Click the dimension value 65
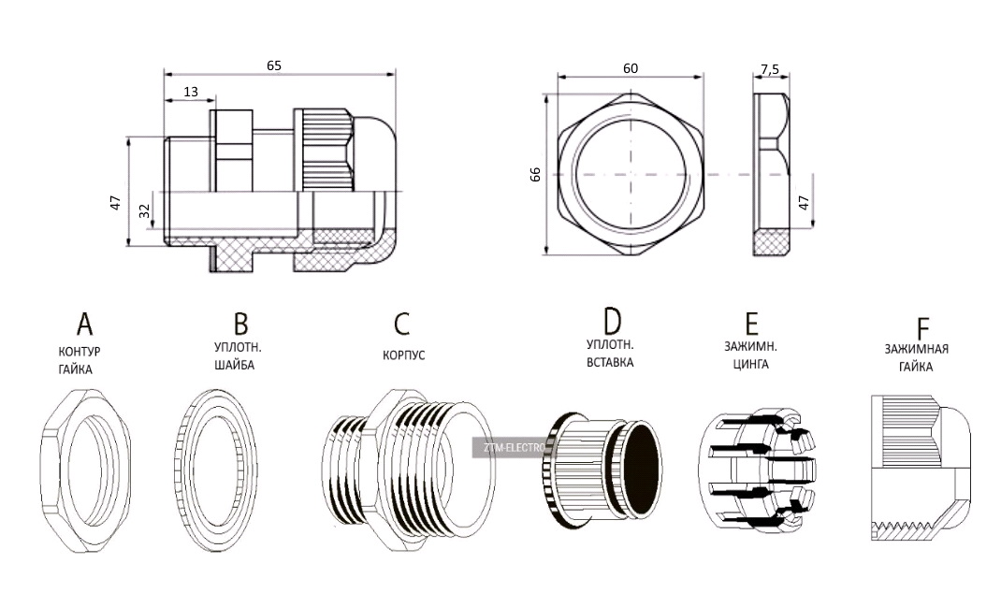click(274, 65)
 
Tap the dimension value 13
click(191, 92)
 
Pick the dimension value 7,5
click(770, 69)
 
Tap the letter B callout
click(240, 324)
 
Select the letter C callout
click(401, 324)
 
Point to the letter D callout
click(612, 321)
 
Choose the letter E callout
click(750, 324)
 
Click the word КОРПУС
click(404, 355)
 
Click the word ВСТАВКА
click(610, 361)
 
